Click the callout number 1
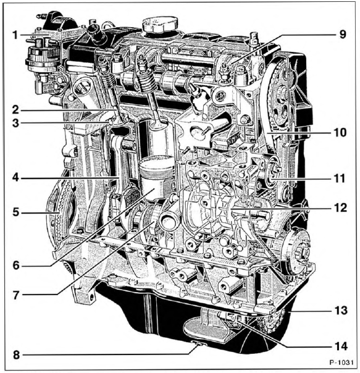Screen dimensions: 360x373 (15, 35)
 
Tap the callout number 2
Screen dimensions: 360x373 (15, 110)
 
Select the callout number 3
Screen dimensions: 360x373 (15, 124)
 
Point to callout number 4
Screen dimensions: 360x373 (15, 177)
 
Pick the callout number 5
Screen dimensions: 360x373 (15, 212)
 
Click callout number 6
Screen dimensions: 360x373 (16, 266)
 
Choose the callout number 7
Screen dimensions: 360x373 (16, 295)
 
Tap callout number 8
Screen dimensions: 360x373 (16, 355)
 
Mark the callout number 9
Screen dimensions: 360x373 (342, 35)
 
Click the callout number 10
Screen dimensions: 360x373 (340, 133)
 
